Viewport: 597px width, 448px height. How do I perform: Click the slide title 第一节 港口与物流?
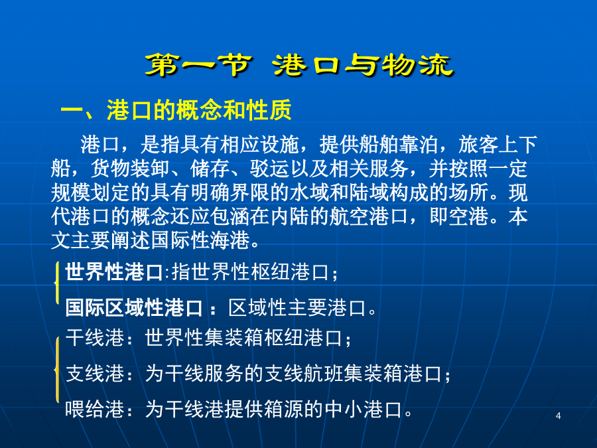pos(299,66)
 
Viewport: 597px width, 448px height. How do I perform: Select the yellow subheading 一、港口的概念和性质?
pos(176,110)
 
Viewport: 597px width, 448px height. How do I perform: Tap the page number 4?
pos(558,415)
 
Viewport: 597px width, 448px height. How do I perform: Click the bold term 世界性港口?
pos(114,272)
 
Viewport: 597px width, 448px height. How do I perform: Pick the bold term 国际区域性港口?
pos(133,307)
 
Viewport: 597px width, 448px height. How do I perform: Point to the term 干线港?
pos(95,338)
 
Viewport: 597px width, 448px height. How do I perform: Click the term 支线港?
pos(95,373)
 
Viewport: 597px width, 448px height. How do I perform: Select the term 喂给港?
pos(95,410)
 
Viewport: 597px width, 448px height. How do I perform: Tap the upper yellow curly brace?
pos(57,282)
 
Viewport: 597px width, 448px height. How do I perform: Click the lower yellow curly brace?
pos(57,370)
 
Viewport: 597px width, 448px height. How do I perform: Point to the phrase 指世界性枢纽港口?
pos(250,272)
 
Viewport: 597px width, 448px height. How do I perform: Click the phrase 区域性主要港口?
pos(297,307)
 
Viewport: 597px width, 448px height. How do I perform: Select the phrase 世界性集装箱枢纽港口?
pos(243,338)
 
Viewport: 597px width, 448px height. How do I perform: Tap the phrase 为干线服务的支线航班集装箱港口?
pos(293,373)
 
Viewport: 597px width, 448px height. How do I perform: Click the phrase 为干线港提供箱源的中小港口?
pos(274,410)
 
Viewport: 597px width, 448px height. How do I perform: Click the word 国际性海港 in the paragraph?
pos(200,240)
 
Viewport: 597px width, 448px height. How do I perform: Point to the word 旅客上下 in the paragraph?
pos(498,144)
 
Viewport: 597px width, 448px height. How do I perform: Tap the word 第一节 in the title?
pos(198,65)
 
